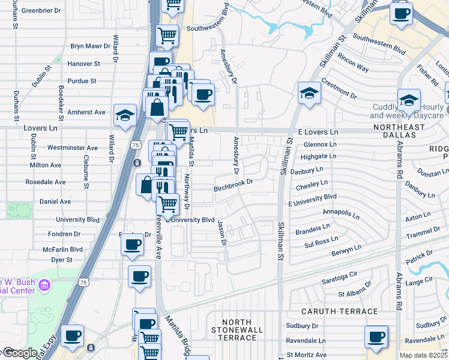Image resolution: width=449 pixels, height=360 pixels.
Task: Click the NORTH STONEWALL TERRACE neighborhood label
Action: click(234, 330)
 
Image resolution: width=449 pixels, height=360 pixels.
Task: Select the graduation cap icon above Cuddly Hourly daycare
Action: click(409, 99)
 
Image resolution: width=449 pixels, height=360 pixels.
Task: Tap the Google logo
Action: click(19, 353)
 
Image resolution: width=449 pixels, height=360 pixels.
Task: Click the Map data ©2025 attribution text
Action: click(424, 355)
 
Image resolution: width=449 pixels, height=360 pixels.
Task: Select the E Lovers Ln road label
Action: click(318, 131)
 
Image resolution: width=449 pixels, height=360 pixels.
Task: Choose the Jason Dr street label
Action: click(223, 233)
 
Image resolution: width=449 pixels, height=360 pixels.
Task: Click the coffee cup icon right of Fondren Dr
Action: click(132, 243)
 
